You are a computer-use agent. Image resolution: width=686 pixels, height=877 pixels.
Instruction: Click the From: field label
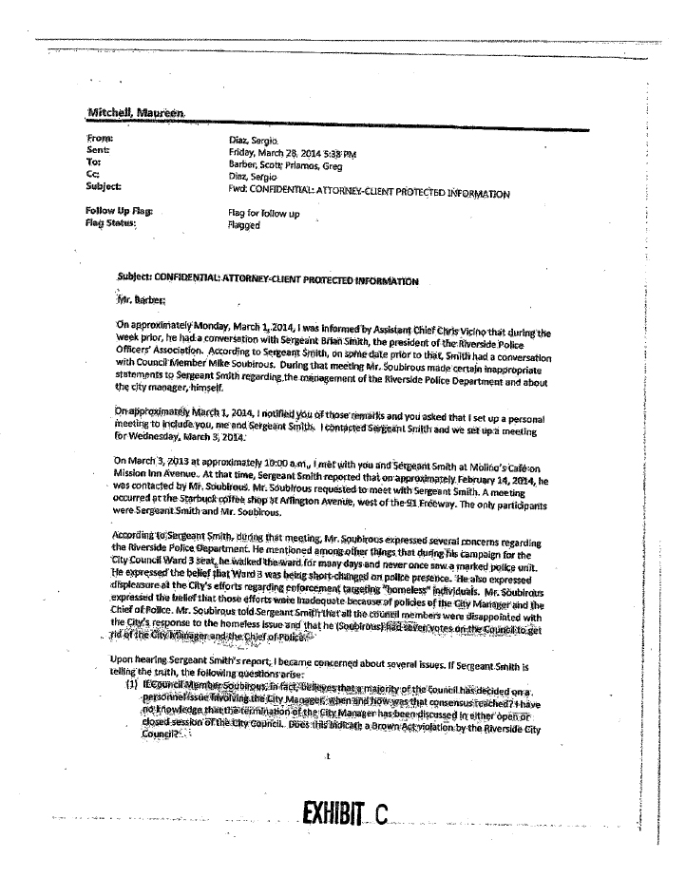click(98, 140)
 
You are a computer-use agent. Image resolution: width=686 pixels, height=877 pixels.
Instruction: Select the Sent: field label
click(97, 151)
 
